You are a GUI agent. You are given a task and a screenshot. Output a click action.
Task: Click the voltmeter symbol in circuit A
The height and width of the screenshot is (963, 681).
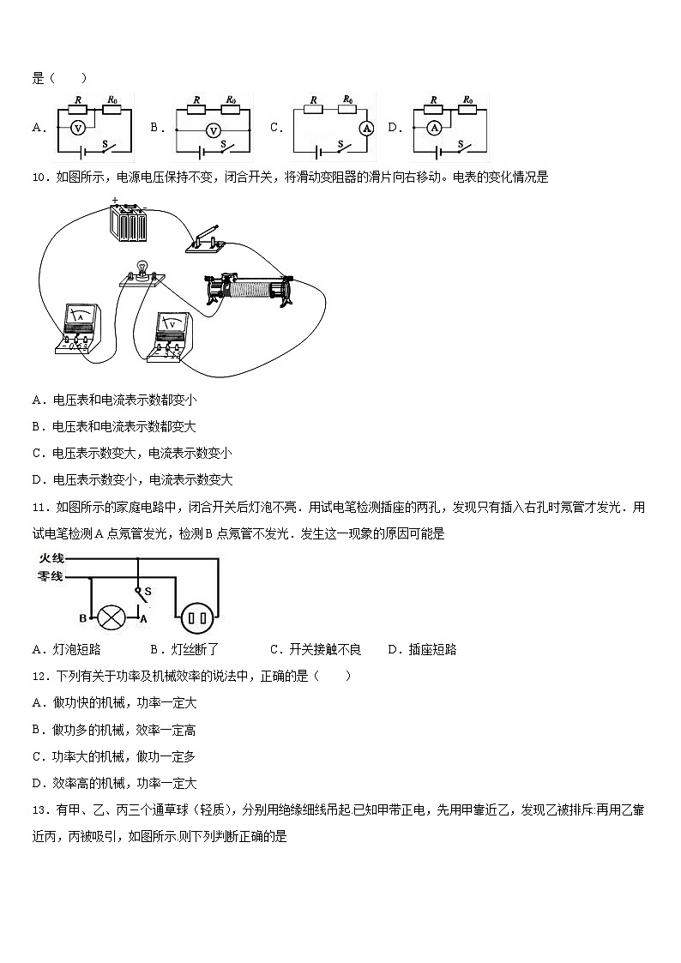pyautogui.click(x=76, y=128)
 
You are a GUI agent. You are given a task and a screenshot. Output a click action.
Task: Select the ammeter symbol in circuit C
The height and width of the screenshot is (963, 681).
pyautogui.click(x=365, y=128)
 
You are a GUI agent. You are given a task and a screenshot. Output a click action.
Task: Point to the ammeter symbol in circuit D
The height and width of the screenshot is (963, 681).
pyautogui.click(x=433, y=128)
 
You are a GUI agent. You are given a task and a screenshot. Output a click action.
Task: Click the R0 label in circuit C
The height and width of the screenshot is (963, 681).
pyautogui.click(x=348, y=100)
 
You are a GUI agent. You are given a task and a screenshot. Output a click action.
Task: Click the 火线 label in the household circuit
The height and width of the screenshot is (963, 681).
pyautogui.click(x=51, y=558)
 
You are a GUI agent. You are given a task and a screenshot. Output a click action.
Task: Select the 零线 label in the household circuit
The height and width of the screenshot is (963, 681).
pyautogui.click(x=51, y=577)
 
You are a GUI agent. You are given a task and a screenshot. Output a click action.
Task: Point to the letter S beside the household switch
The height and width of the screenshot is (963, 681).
pyautogui.click(x=148, y=592)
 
